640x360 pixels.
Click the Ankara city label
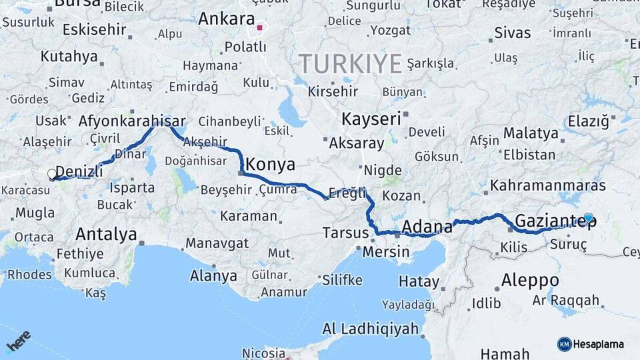227,19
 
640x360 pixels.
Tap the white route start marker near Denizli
52,175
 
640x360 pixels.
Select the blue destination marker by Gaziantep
588,217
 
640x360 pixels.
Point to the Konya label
270,163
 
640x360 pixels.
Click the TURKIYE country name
350,64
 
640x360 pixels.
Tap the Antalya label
106,234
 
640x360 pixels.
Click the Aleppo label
530,279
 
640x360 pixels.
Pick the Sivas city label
513,33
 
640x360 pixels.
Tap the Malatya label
531,133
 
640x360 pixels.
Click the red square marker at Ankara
260,28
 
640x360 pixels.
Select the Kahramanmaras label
547,185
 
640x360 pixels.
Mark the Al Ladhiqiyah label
371,329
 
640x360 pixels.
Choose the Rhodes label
29,275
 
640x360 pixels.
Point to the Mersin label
386,252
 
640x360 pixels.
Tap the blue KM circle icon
564,344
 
